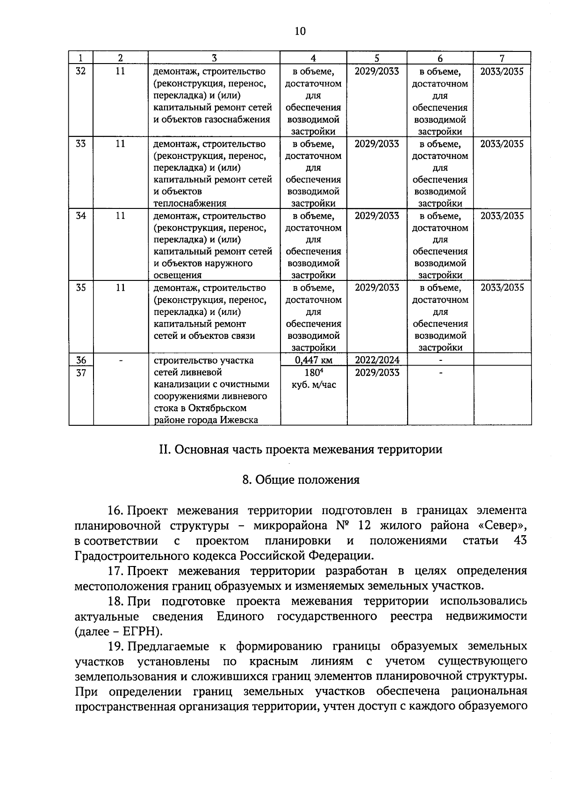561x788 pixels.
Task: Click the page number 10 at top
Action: coord(300,31)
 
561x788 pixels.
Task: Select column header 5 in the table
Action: coord(376,58)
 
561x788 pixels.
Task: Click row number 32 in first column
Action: coord(80,72)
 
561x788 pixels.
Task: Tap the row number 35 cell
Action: coord(80,287)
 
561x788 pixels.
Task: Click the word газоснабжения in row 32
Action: coord(237,119)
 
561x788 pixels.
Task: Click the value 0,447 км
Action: coord(313,360)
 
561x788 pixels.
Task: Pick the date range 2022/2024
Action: coord(377,360)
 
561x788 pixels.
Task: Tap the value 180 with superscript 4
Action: coord(313,373)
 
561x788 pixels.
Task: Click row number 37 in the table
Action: coord(80,373)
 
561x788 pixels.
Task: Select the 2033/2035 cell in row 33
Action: coord(502,143)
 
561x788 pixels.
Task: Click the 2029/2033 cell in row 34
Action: coord(377,215)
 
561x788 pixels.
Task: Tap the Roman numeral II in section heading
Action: coord(163,450)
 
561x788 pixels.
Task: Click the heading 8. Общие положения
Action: coord(301,480)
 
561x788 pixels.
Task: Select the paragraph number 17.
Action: coord(115,571)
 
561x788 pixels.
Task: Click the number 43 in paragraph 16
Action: coord(519,540)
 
